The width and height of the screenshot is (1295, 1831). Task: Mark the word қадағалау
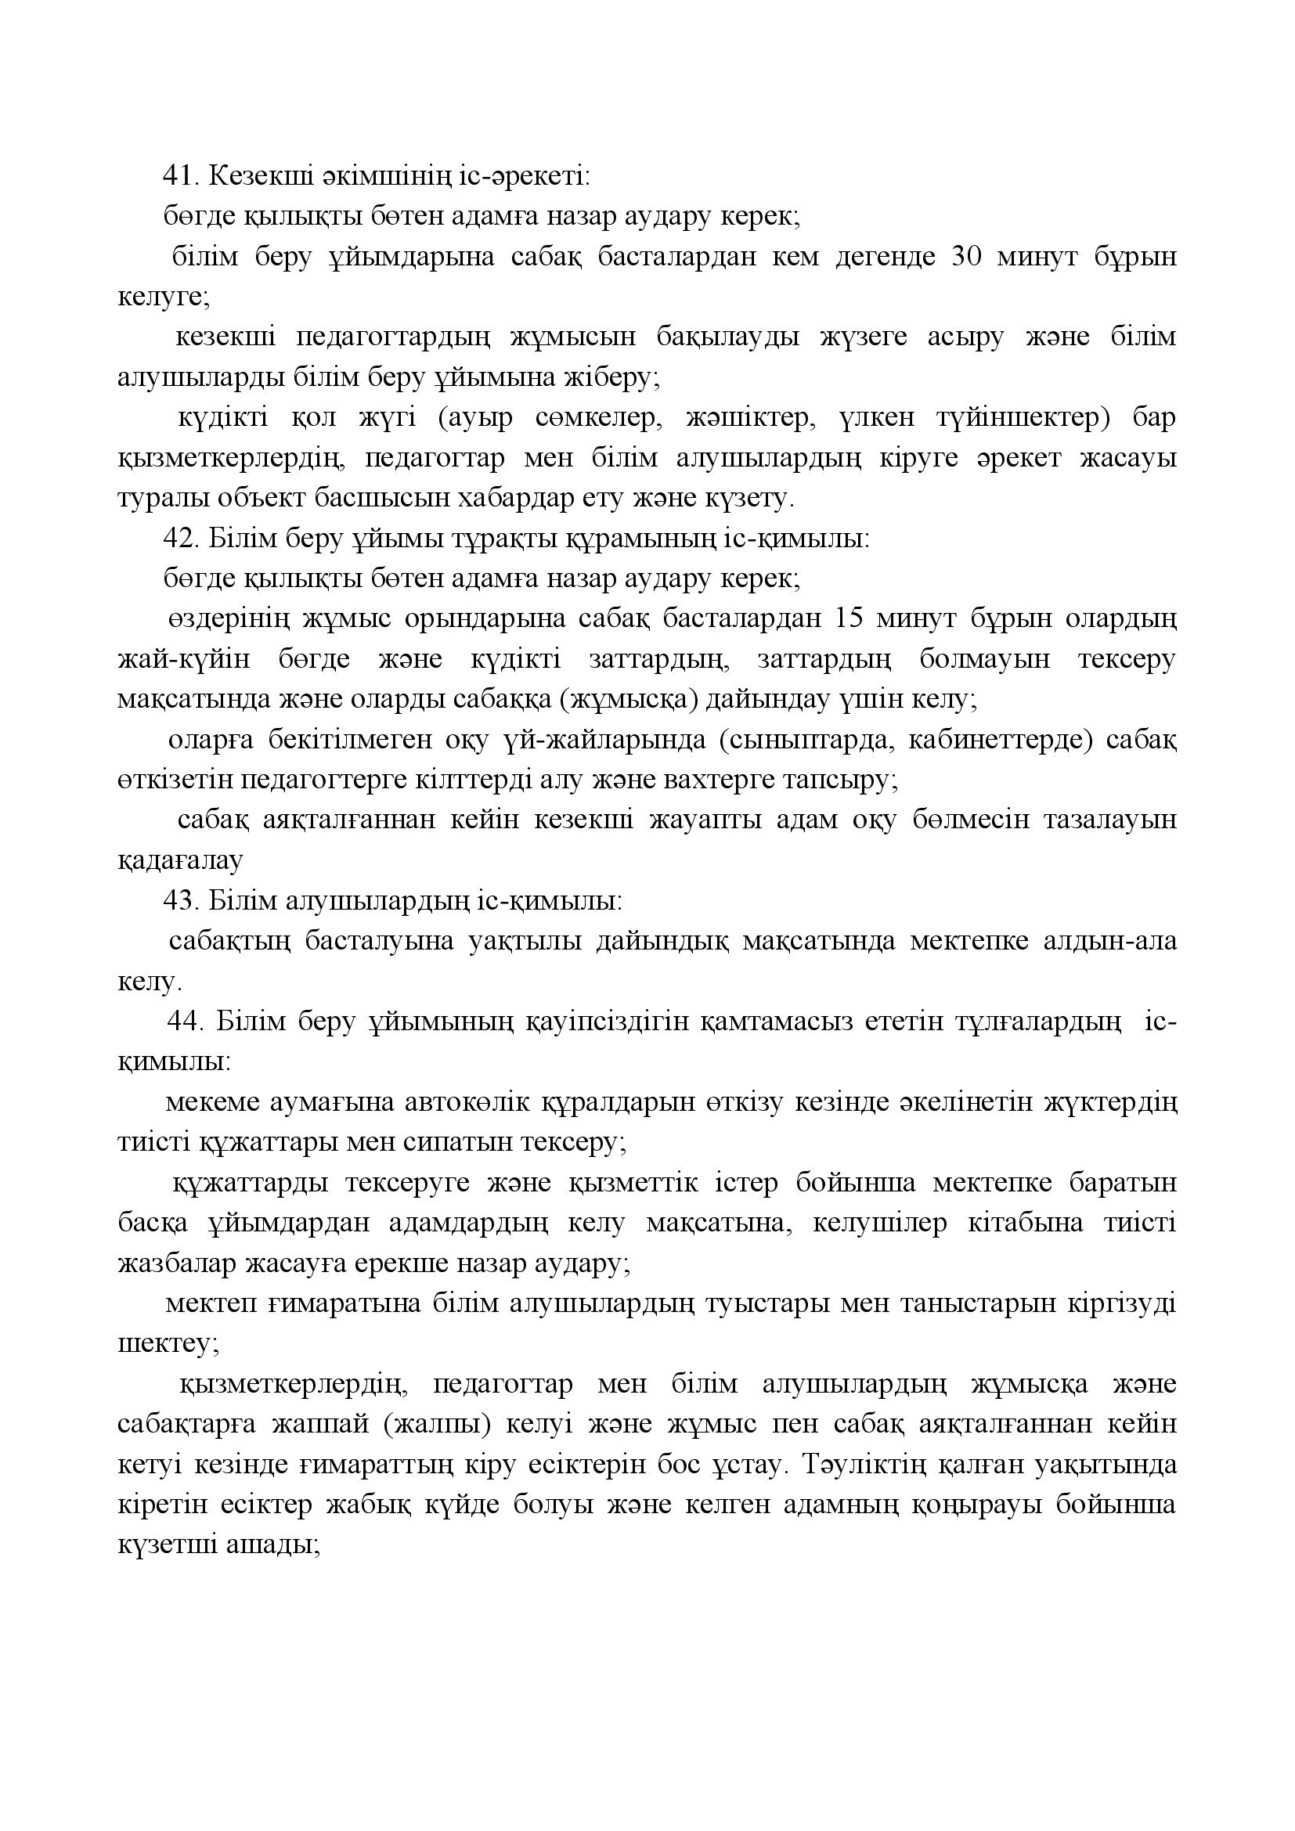[179, 861]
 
